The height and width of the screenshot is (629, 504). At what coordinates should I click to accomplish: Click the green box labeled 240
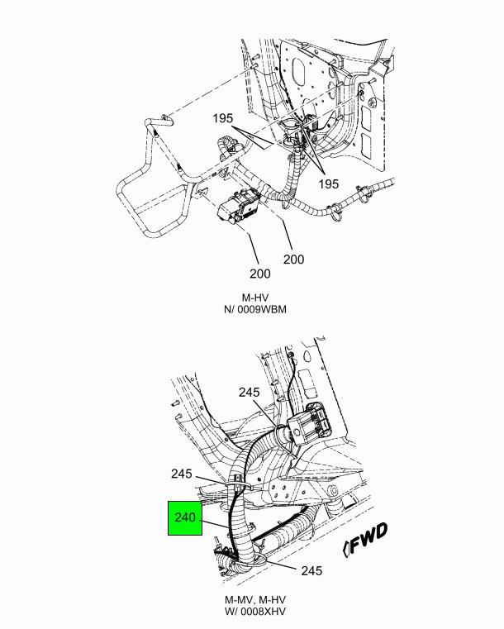coord(185,518)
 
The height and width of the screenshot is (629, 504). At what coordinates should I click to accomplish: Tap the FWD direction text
coord(368,538)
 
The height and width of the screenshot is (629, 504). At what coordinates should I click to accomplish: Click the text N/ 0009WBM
coord(255,309)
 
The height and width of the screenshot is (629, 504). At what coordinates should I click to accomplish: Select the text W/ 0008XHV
coord(255,612)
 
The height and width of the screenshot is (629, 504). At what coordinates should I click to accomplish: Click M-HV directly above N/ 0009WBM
coord(255,298)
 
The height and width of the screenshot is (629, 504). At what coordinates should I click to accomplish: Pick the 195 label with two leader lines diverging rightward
coord(223,118)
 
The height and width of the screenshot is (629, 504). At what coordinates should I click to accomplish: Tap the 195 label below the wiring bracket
coord(329,183)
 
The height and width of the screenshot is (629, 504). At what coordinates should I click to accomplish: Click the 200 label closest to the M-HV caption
coord(259,274)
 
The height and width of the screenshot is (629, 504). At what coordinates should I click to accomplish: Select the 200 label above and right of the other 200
coord(293,260)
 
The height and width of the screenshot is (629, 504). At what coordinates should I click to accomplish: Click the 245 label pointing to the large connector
coord(249,392)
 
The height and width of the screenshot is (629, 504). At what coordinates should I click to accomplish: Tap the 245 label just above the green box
coord(182,474)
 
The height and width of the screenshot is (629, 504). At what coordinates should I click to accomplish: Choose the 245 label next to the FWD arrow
coord(311,570)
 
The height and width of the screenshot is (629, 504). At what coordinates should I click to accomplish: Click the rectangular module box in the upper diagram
coord(239,205)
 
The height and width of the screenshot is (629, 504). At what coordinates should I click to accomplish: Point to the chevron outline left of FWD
coord(345,549)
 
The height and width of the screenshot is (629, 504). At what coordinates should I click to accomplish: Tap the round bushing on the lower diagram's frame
coord(332,491)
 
